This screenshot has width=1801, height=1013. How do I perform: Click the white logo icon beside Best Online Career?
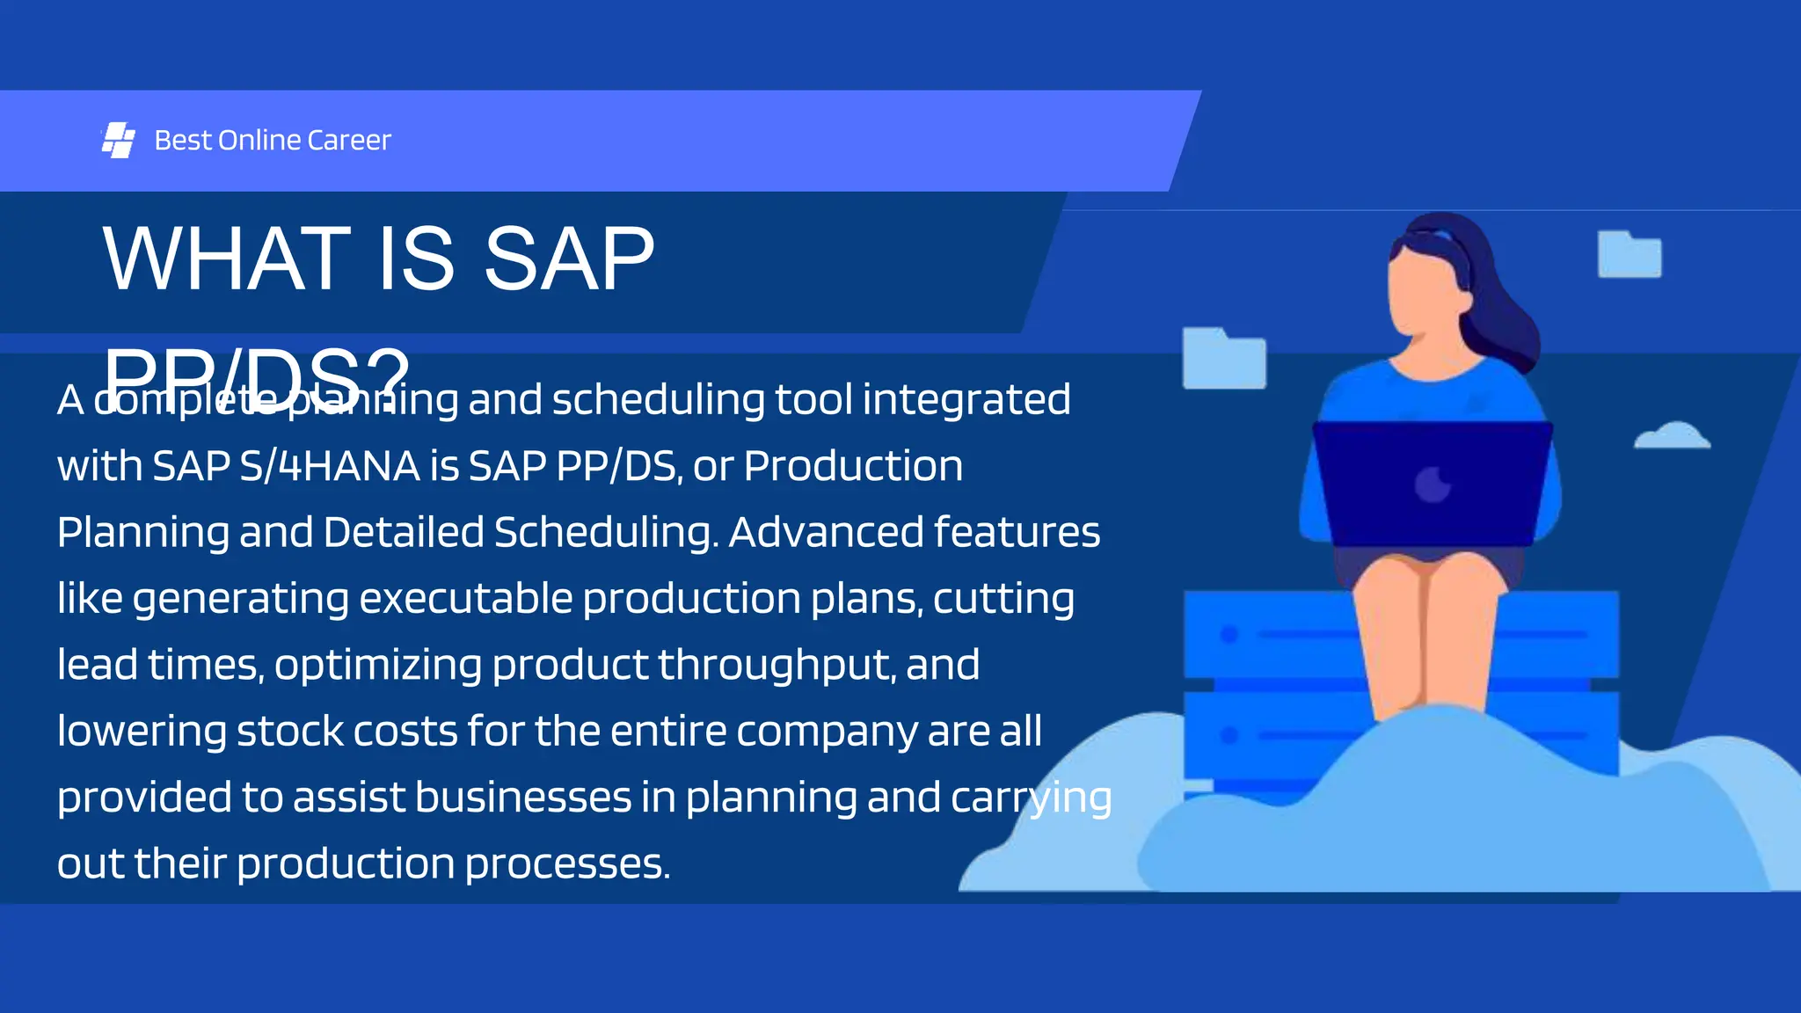click(x=118, y=140)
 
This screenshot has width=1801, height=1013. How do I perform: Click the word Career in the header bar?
click(x=349, y=140)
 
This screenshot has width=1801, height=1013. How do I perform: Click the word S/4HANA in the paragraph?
click(x=330, y=466)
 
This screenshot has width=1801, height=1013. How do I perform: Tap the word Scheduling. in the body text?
click(x=606, y=532)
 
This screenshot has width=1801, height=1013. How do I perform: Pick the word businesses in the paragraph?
click(x=522, y=798)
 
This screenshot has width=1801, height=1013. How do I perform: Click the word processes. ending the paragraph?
click(x=567, y=864)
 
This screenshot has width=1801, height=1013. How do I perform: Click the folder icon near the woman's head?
click(x=1629, y=254)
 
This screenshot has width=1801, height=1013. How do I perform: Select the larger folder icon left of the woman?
click(x=1223, y=358)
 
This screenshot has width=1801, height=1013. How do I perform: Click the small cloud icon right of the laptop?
click(x=1672, y=436)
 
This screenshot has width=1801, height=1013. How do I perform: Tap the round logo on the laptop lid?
click(x=1432, y=484)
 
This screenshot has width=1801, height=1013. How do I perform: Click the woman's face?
click(x=1425, y=290)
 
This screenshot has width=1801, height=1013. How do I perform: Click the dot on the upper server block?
click(x=1229, y=634)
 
